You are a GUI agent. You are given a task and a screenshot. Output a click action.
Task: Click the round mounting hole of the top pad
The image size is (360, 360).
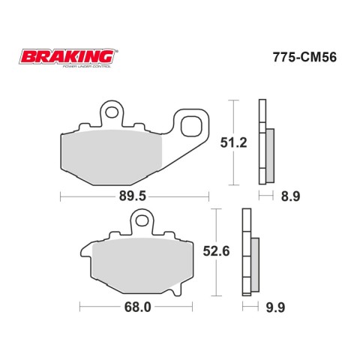pos(113,113)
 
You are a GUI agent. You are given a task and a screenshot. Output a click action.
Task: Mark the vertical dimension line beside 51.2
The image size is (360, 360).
pos(236,142)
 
